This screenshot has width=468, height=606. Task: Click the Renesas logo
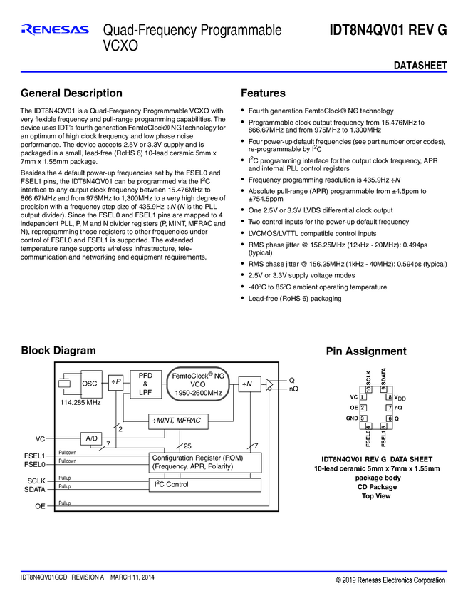click(55, 30)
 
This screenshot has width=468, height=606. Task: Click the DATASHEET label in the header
click(420, 66)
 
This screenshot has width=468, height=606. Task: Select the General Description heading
click(71, 93)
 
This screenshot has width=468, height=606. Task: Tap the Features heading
click(263, 93)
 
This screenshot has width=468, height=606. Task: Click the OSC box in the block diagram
click(90, 384)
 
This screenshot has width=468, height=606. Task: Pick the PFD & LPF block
click(145, 383)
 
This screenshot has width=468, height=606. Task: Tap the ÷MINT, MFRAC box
click(177, 421)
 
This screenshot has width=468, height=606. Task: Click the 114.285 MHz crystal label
click(79, 403)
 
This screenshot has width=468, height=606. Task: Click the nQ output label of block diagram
click(293, 389)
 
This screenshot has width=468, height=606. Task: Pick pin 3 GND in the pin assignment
click(356, 418)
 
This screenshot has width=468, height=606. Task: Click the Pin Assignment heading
click(365, 351)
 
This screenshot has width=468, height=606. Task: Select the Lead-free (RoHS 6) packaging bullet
click(294, 299)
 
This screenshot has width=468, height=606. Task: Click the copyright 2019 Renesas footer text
click(391, 580)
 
